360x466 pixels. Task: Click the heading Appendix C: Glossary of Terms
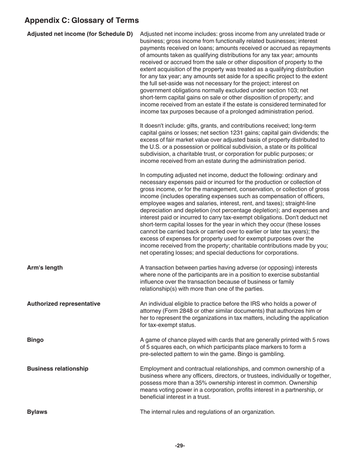click(81, 20)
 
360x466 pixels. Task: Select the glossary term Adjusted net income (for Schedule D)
click(80, 34)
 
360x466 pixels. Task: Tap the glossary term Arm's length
click(45, 268)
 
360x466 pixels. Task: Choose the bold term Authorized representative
click(64, 304)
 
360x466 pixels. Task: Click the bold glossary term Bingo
click(35, 340)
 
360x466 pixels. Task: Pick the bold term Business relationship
click(58, 369)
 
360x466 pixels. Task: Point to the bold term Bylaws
click(37, 412)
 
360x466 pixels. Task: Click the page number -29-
click(180, 446)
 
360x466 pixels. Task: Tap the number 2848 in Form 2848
click(185, 311)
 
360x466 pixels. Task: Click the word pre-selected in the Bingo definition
click(155, 354)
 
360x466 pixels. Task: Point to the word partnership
click(303, 390)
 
